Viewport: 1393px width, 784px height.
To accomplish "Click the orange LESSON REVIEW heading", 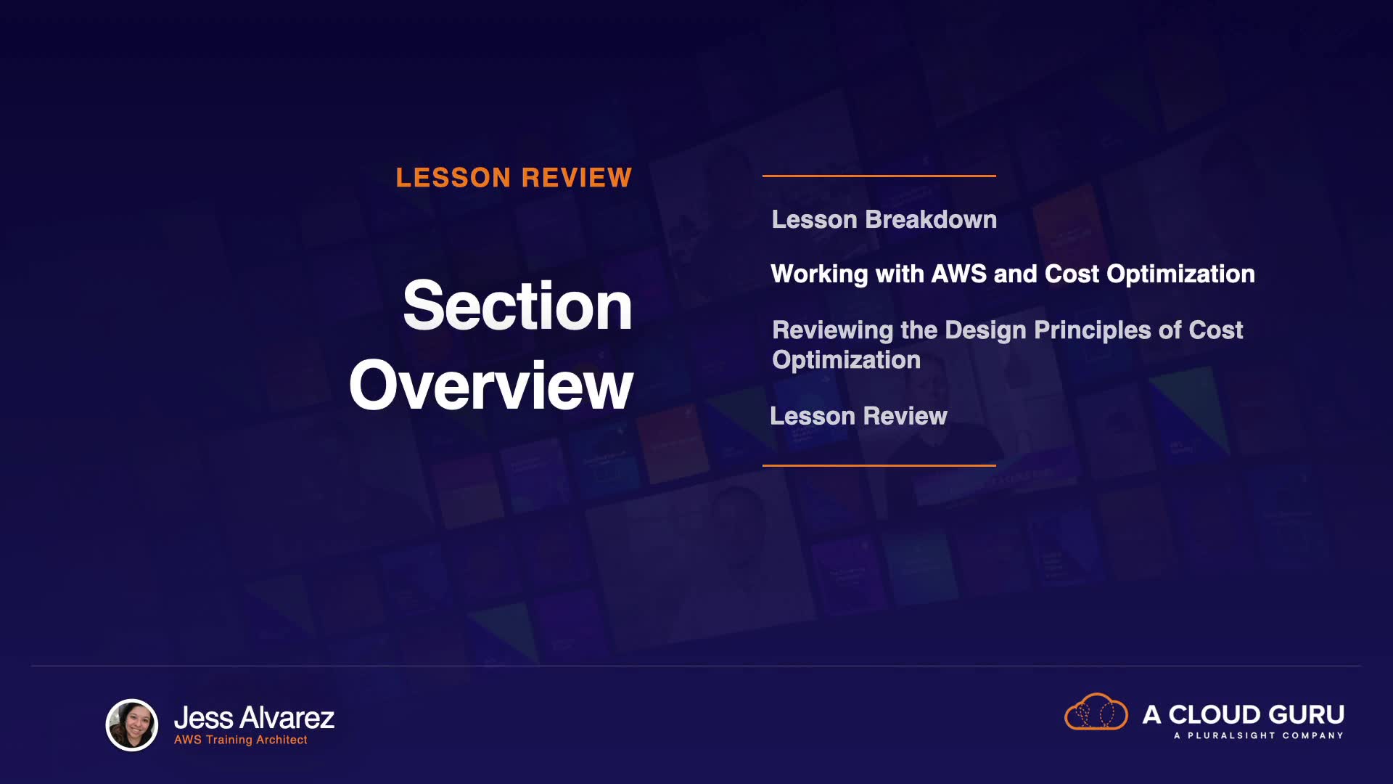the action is (x=514, y=178).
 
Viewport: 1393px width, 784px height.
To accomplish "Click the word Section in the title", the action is (x=517, y=306).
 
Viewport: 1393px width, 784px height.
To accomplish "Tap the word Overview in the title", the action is (x=491, y=385).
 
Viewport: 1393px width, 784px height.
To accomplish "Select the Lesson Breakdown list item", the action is (x=884, y=219).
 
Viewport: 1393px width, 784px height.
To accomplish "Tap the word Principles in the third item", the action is (x=1093, y=330).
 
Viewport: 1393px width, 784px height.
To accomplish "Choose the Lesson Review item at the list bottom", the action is (x=858, y=416).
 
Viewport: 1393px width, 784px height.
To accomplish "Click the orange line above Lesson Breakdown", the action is (x=879, y=176).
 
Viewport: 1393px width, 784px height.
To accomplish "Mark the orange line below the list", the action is (x=879, y=465).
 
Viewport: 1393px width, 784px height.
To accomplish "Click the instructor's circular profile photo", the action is (x=132, y=724).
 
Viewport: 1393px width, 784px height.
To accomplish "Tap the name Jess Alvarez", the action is (x=254, y=718).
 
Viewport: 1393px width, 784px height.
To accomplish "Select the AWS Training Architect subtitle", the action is (x=240, y=740).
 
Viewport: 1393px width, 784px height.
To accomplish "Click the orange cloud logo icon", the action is (x=1096, y=711).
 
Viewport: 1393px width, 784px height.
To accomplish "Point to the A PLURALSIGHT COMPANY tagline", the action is (x=1259, y=735).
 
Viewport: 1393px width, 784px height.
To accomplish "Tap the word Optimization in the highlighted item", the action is (x=1180, y=274).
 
